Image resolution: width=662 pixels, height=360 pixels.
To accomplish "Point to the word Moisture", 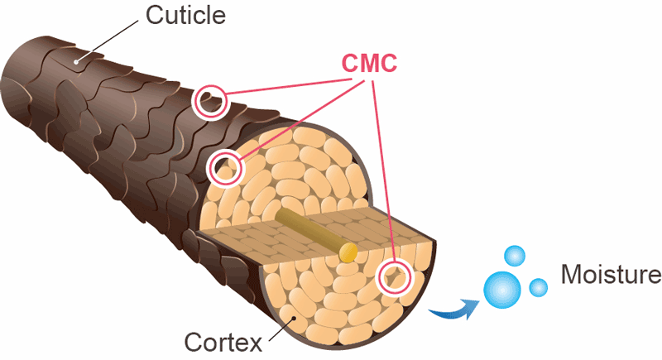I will (x=611, y=274).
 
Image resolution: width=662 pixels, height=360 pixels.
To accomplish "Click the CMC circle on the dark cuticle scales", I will (x=210, y=101).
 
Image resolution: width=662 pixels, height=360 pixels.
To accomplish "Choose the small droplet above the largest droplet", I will (x=515, y=256).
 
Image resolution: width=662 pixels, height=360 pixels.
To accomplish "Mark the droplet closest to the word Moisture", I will (x=538, y=287).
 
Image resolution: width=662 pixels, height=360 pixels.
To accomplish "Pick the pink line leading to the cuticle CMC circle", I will (x=281, y=83).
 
